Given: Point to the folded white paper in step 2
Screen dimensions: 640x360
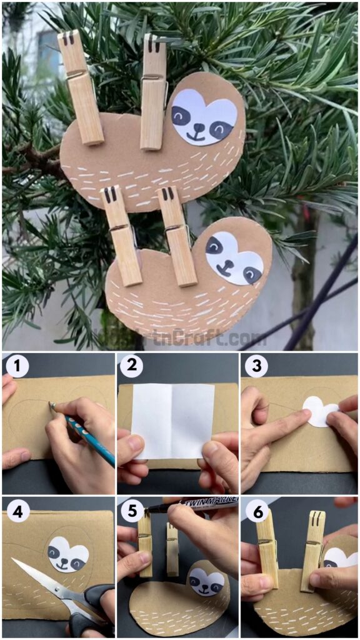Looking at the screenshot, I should pyautogui.click(x=172, y=420).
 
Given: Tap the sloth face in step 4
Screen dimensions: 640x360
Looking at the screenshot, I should pyautogui.click(x=68, y=554).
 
